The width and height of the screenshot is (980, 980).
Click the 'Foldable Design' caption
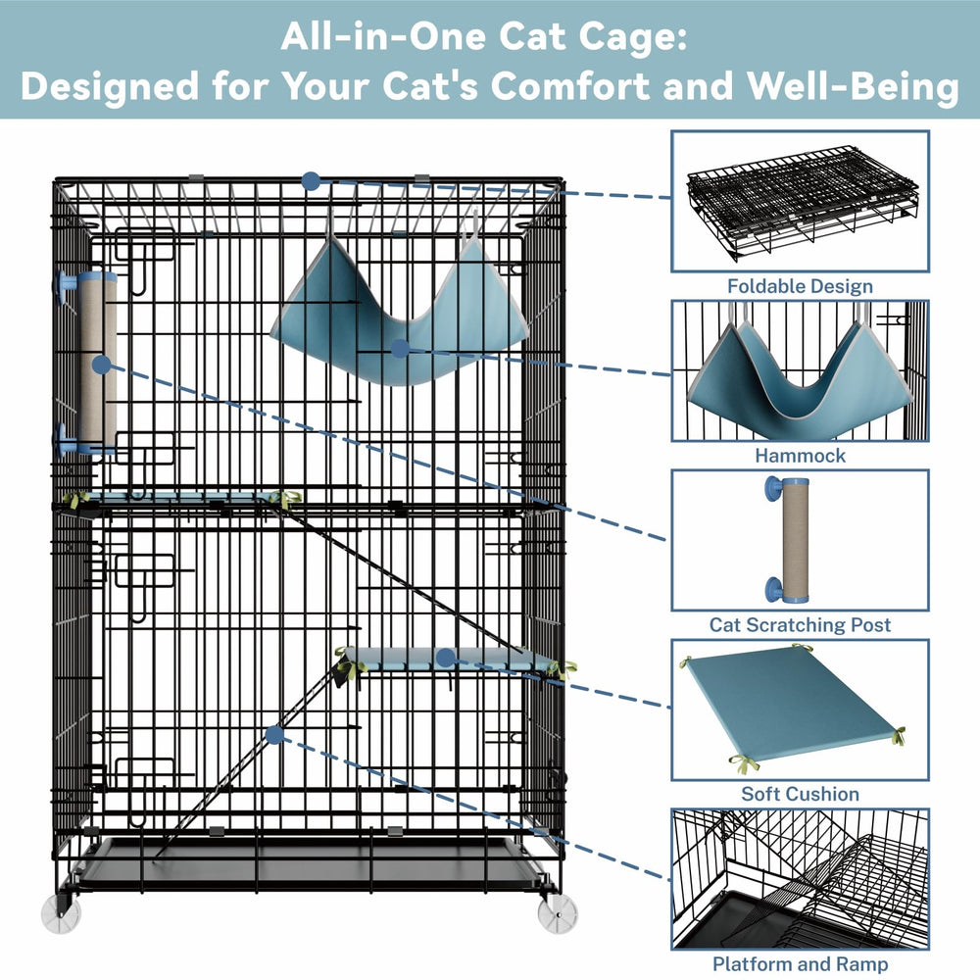tap(800, 286)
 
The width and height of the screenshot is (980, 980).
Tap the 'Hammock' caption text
tap(800, 456)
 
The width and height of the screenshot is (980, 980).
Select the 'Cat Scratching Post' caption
tap(800, 625)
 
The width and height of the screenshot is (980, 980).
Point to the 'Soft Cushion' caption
tap(800, 794)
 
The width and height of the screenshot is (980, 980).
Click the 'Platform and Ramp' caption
tap(800, 963)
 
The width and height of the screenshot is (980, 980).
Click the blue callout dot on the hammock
tap(400, 349)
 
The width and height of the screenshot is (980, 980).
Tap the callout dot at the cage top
tap(311, 182)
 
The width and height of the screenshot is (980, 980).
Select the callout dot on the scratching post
tap(101, 365)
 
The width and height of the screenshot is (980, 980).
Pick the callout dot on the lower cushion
tap(446, 658)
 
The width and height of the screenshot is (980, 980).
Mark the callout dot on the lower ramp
tap(274, 735)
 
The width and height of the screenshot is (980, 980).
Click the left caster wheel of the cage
tap(61, 913)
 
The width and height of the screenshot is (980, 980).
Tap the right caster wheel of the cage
tap(558, 913)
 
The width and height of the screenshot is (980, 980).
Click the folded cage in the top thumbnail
tap(802, 203)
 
